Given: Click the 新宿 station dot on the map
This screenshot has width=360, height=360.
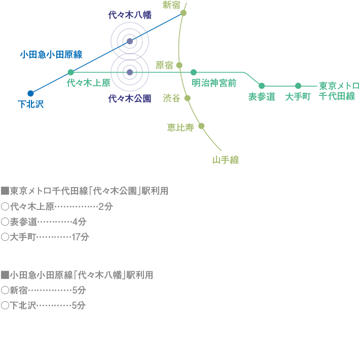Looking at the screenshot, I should click(x=184, y=13).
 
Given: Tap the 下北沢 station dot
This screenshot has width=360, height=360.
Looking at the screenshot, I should click(x=30, y=93).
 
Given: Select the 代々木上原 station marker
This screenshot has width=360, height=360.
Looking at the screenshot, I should click(x=71, y=72).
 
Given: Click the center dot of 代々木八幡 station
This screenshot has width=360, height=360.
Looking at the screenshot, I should click(x=130, y=41).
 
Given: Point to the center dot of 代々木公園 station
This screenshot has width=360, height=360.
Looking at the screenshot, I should click(x=130, y=73).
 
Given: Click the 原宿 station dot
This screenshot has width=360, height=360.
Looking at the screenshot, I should click(x=179, y=65).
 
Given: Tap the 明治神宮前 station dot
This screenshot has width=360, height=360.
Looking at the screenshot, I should click(x=194, y=72).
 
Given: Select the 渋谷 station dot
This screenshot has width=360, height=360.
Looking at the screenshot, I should click(x=187, y=98).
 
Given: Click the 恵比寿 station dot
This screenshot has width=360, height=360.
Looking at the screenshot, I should click(x=201, y=126).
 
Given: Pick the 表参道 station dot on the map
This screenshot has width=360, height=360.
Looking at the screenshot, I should click(x=262, y=86).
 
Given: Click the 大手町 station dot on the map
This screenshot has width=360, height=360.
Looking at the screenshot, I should click(x=298, y=86).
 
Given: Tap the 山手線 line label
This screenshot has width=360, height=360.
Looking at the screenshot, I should click(x=225, y=160).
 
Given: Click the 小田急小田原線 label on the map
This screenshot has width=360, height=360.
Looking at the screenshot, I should click(x=51, y=54).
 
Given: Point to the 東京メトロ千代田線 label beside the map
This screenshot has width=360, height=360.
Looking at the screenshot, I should click(x=339, y=91).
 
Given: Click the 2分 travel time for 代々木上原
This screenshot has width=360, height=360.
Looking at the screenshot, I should click(x=105, y=206).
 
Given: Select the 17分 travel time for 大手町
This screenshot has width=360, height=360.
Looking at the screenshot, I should click(x=80, y=237).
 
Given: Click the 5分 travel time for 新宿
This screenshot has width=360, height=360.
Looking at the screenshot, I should click(x=79, y=291).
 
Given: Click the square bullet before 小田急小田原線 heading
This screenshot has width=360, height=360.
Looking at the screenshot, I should click(x=5, y=275).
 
